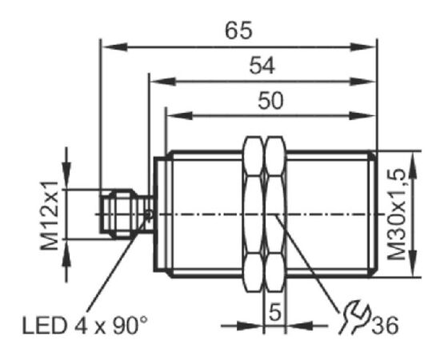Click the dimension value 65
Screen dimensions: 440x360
coord(239,30)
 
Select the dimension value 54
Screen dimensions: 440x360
coord(262,66)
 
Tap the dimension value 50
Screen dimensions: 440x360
coord(270,101)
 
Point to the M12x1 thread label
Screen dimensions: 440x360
coord(50,215)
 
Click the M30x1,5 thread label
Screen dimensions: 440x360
coord(397,214)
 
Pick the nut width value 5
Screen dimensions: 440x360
coord(275,312)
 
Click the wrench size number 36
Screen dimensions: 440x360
coord(385,326)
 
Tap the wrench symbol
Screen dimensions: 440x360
coord(354,317)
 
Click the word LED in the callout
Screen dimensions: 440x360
coord(45,326)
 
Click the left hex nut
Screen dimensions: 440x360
coord(254,214)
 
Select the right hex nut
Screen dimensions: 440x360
coord(276,214)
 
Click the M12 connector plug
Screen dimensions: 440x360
coord(127,214)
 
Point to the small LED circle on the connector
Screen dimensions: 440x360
coord(150,214)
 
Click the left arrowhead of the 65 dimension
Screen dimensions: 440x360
coord(114,47)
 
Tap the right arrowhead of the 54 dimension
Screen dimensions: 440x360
coord(362,82)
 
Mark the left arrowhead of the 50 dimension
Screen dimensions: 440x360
coord(179,116)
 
